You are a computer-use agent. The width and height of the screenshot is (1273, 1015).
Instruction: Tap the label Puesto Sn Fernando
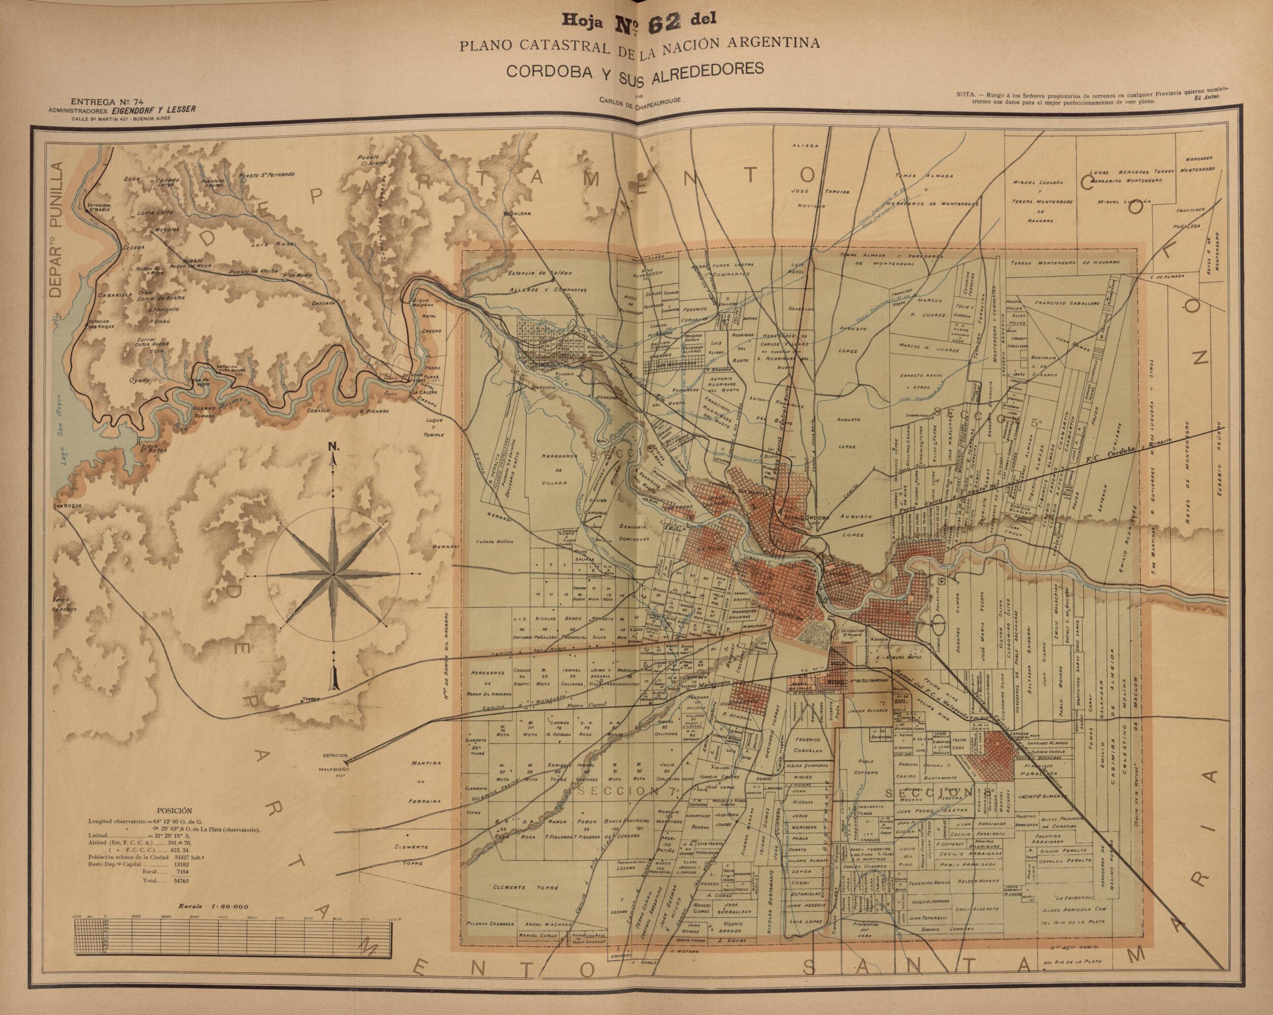[x=266, y=175]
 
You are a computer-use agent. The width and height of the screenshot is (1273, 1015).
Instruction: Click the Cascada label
[x=324, y=303]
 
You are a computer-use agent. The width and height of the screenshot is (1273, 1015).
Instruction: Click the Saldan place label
[x=511, y=213]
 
